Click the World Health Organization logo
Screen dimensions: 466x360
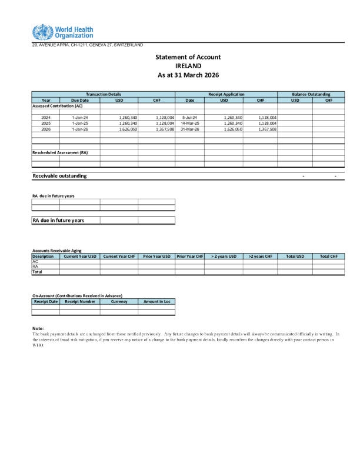point(63,32)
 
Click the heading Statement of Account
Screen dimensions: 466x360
point(188,57)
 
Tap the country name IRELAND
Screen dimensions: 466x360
point(188,66)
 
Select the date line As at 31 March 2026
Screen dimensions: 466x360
point(188,75)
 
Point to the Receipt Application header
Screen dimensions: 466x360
point(226,94)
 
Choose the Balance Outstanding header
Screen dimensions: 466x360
point(311,94)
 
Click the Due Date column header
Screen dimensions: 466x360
point(80,100)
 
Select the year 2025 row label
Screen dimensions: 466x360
point(46,123)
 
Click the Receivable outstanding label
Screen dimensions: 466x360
point(59,176)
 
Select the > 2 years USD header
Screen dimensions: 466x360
point(224,257)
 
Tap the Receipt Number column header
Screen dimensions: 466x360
point(80,301)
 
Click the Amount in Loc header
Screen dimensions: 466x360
point(156,301)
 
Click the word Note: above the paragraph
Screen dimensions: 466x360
point(38,328)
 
